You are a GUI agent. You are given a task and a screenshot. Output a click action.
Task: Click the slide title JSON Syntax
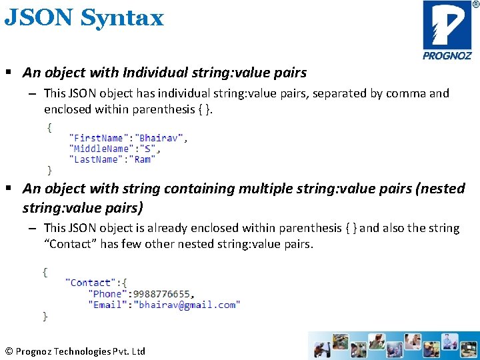(84, 18)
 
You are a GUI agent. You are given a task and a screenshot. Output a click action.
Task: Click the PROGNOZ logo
(447, 30)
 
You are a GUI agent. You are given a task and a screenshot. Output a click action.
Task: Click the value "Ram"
(143, 159)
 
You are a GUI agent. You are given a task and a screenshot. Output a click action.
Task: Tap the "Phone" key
(107, 293)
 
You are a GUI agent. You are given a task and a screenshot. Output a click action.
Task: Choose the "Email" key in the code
(107, 305)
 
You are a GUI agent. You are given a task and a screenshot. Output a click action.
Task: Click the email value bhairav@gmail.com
(187, 305)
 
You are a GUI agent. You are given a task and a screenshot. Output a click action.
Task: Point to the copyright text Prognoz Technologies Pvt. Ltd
(75, 351)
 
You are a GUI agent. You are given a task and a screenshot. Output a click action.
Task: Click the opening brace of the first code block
(49, 127)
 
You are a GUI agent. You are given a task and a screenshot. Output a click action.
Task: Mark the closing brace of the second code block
(45, 315)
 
